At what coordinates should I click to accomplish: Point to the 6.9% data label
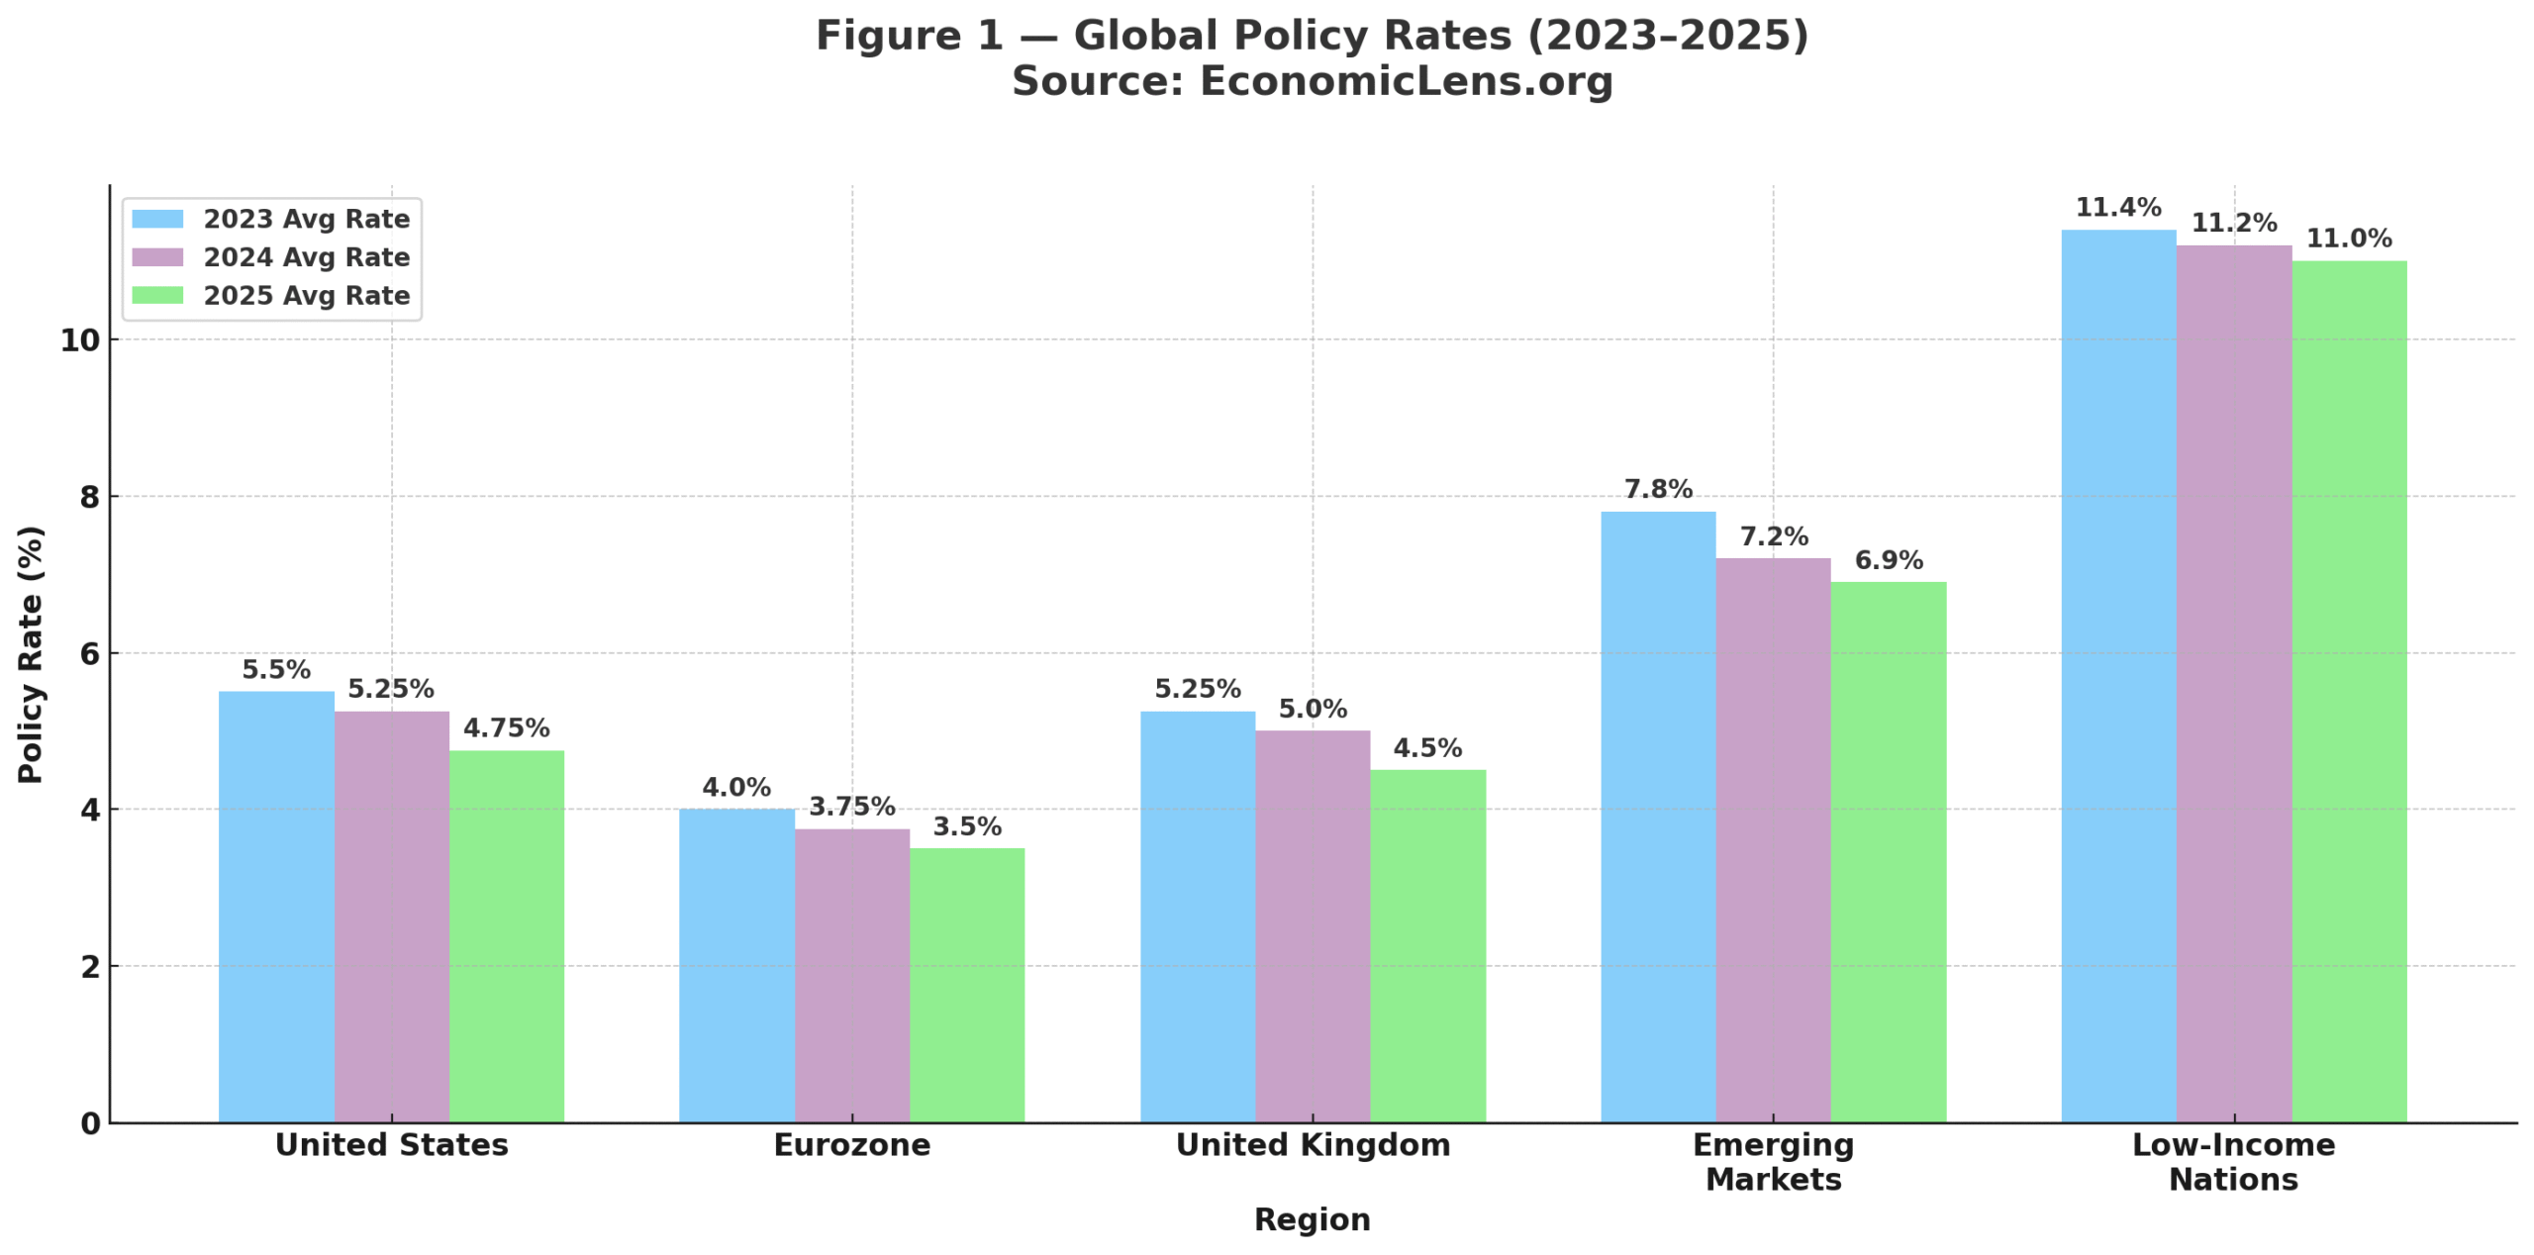point(1887,559)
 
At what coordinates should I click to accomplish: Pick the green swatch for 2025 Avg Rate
point(157,294)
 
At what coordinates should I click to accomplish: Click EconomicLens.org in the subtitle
point(1405,81)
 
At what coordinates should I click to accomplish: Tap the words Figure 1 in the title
point(908,36)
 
